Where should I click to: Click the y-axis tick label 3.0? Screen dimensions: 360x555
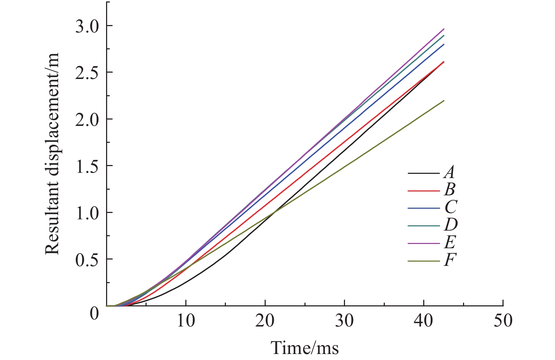coord(87,26)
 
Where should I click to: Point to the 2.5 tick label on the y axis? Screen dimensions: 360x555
coord(87,73)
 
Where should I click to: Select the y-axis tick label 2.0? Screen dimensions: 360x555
coord(87,120)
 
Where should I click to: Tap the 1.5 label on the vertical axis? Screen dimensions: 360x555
coord(87,166)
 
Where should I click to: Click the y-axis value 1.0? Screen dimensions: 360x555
coord(87,213)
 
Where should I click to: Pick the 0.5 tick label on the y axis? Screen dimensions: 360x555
coord(87,260)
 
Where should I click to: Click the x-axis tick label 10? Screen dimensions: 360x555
coord(186,321)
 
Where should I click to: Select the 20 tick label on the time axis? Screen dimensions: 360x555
coord(265,321)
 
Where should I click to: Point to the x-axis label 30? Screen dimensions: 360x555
coord(344,321)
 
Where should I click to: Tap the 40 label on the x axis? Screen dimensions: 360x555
coord(424,321)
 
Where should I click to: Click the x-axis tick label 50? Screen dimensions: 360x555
coord(503,321)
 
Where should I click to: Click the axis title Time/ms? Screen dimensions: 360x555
coord(304,348)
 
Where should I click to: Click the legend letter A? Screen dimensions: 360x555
coord(449,172)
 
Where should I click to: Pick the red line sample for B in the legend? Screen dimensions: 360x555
coord(424,191)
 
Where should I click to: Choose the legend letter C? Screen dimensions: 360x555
coord(450,207)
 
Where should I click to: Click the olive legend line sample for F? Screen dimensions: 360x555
coord(424,261)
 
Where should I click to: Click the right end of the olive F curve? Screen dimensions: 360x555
coord(444,101)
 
